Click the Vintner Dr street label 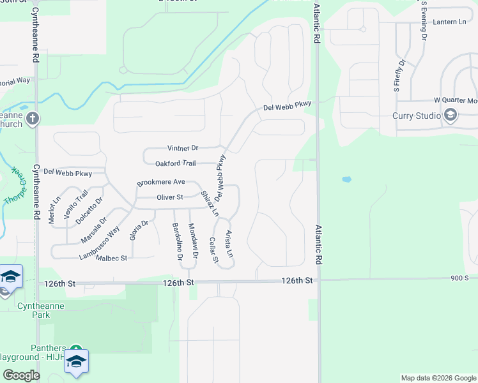(x=183, y=147)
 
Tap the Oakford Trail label (x=175, y=163)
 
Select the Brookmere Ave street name (x=160, y=183)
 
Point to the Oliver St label (x=170, y=197)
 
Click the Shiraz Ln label (x=210, y=203)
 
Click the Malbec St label (x=112, y=258)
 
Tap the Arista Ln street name (x=229, y=244)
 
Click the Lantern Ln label (x=449, y=22)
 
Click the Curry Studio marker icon (x=451, y=116)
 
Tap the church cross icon (x=33, y=118)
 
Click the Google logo (x=22, y=375)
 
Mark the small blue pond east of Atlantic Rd (x=346, y=179)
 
